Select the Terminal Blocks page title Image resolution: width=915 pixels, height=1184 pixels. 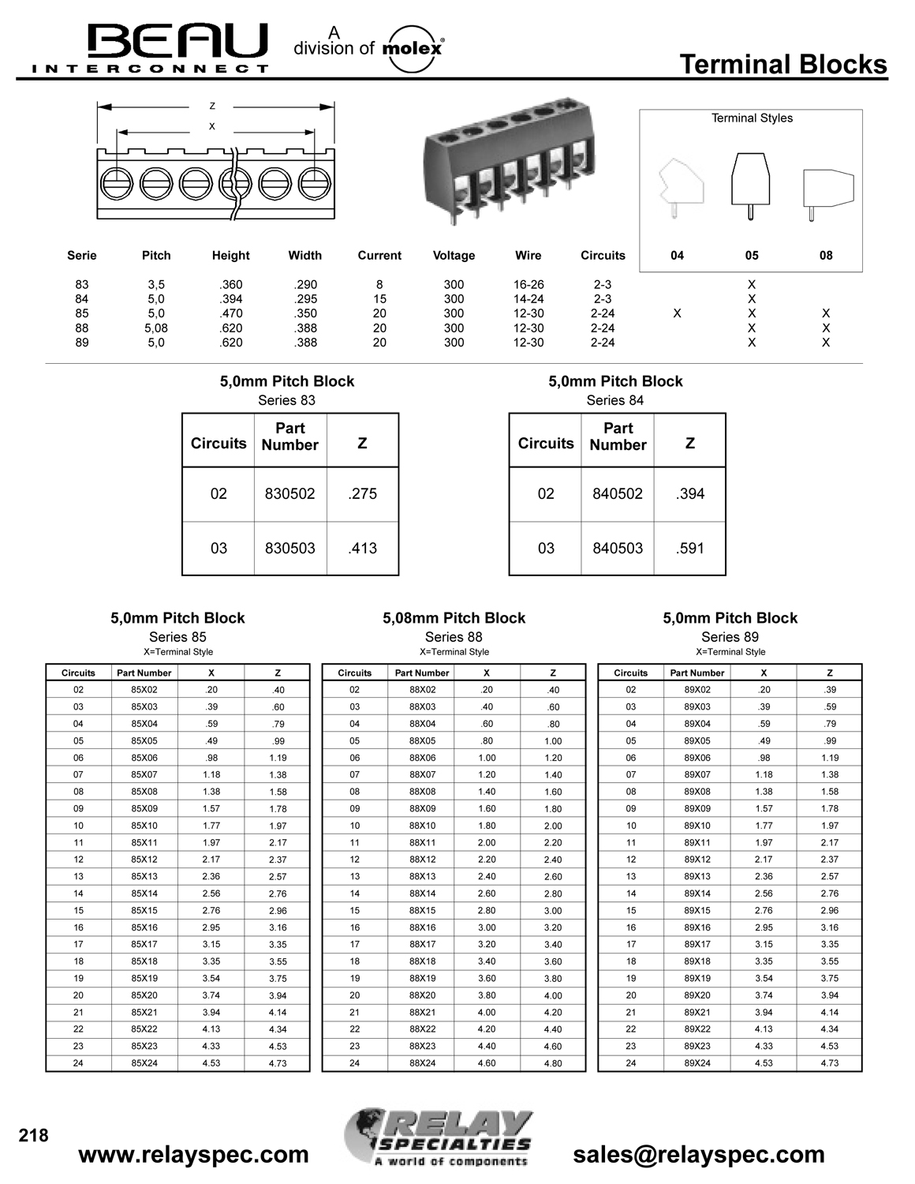(782, 65)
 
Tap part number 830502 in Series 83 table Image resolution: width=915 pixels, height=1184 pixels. (289, 494)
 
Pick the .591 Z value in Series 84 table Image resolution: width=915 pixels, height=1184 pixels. (689, 549)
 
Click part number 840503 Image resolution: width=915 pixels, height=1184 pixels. (618, 549)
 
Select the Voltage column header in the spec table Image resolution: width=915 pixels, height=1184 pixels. (454, 256)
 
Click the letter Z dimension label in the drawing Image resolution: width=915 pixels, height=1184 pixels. (212, 107)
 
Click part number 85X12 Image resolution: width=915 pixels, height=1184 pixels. (144, 860)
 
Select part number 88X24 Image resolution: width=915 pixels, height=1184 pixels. (422, 1063)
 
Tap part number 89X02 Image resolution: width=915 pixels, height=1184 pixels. (697, 690)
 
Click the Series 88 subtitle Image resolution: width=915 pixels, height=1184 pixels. (454, 637)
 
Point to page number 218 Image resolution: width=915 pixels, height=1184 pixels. (34, 1136)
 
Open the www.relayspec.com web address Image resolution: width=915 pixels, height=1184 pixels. (194, 1155)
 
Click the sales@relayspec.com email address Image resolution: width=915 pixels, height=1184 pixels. (699, 1155)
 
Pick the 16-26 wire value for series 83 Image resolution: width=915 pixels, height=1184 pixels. (528, 284)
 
